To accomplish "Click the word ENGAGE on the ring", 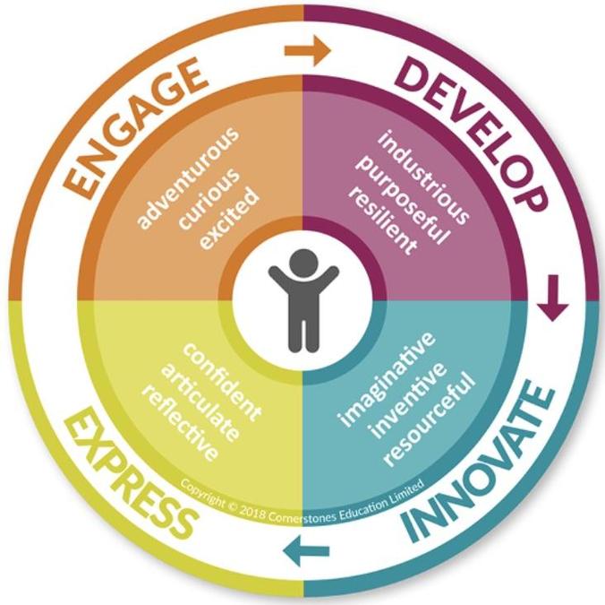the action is click(x=133, y=127).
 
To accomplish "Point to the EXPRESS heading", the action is click(x=129, y=475).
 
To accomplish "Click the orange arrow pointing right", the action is click(x=308, y=50).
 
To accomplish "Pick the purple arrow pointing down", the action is click(x=553, y=298).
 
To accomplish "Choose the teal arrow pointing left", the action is click(x=306, y=550).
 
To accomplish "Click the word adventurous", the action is click(x=188, y=177).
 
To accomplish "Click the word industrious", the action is click(x=423, y=177).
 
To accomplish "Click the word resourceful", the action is click(x=430, y=419).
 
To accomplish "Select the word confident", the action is click(x=222, y=382).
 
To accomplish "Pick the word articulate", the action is click(x=200, y=402).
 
